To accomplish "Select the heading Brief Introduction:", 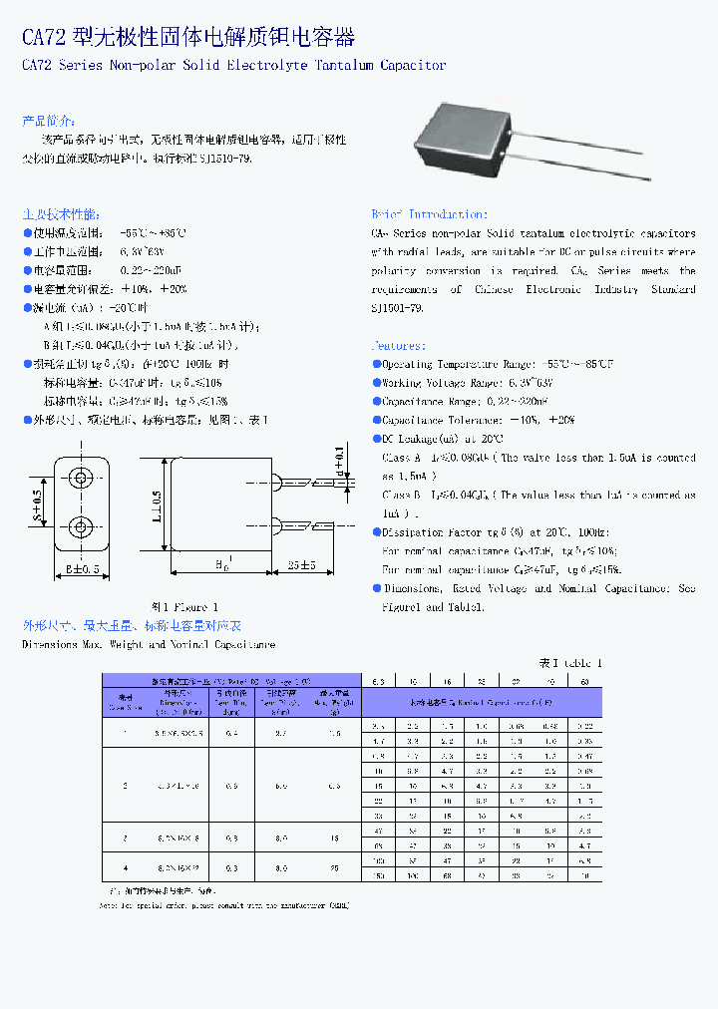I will (x=429, y=214).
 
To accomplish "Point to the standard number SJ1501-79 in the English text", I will (x=398, y=308).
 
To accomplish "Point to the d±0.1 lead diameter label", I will (x=339, y=460).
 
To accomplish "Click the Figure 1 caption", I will (x=184, y=607).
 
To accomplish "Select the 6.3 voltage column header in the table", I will (x=378, y=681).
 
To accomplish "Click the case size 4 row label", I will (x=126, y=867).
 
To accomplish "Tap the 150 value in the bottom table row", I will (x=378, y=875).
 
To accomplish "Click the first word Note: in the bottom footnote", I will (x=110, y=906).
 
